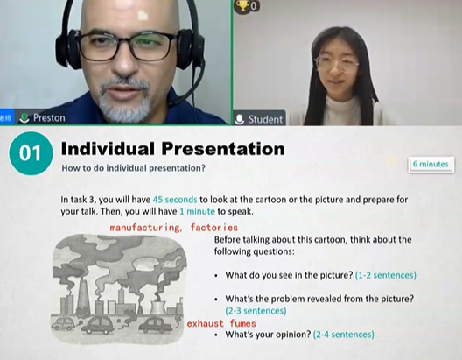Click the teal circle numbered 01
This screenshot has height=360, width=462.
point(31,153)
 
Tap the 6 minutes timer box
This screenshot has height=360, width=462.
point(430,164)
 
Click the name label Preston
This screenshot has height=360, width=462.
point(49,118)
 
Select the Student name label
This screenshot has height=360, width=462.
point(265,119)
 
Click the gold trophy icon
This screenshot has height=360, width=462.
point(242,5)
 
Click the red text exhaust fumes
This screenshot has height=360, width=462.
point(221,324)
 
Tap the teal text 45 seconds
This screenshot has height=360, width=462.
point(175,200)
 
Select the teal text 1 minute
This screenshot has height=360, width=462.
point(197,211)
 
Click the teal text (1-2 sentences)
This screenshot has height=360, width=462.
point(386,275)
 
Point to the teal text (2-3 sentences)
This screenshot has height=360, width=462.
point(255,311)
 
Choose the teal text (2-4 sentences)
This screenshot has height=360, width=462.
point(344,335)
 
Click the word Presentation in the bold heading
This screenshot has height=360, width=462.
point(223,148)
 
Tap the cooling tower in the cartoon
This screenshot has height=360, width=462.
point(158,307)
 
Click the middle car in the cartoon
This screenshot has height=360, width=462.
point(100,325)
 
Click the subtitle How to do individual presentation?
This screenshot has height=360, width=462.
point(133,168)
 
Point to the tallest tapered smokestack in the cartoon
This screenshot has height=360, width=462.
point(83,296)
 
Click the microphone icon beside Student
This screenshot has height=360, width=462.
point(239,119)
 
